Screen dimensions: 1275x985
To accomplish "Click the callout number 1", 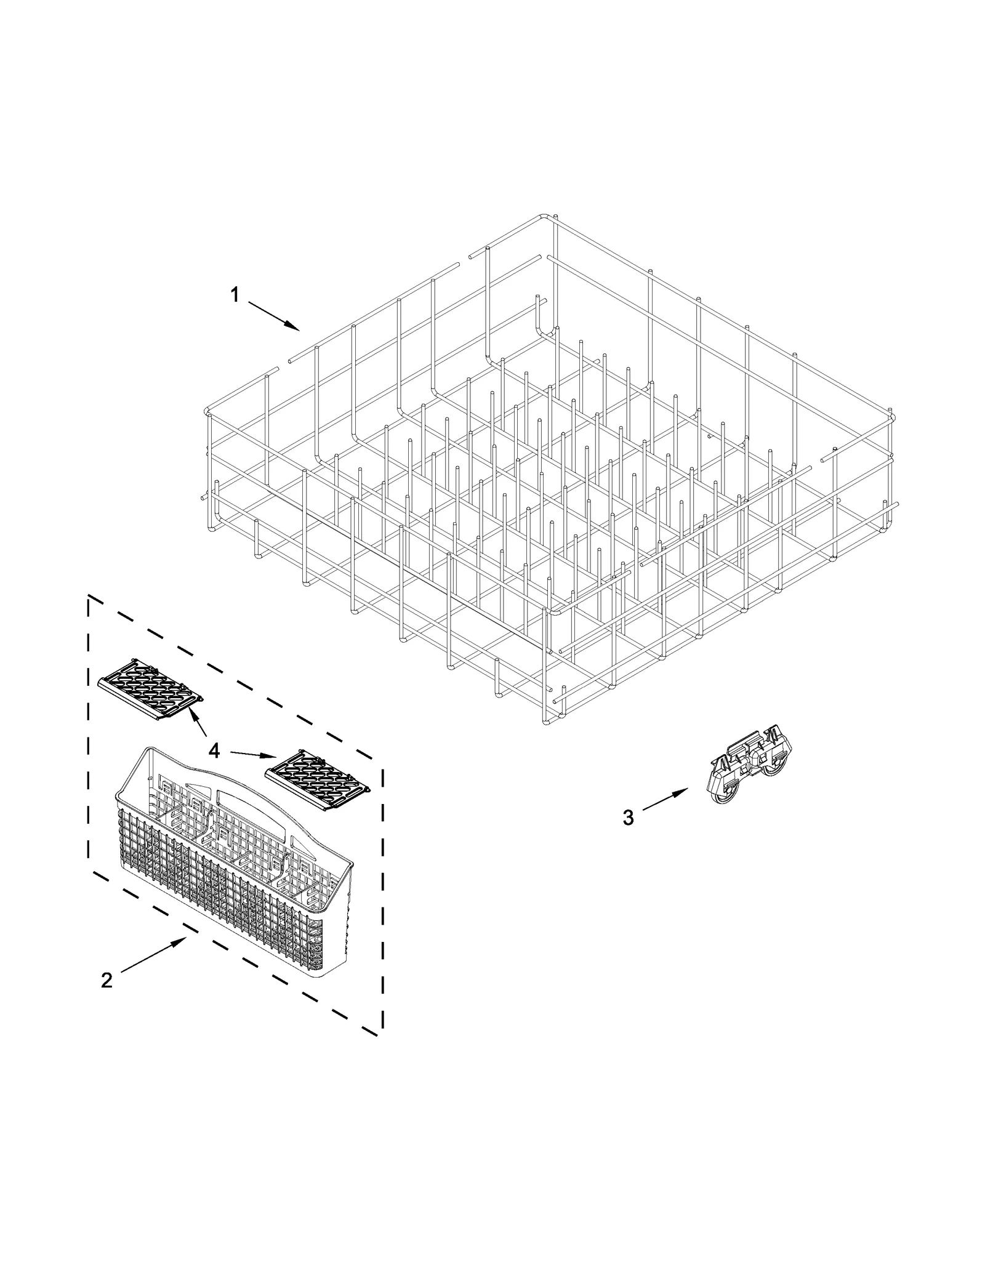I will point(235,296).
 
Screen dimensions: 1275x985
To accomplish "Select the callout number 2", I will point(107,979).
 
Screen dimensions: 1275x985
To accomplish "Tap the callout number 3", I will point(628,818).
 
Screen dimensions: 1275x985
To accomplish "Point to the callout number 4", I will point(214,750).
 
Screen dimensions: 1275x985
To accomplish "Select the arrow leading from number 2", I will point(154,956).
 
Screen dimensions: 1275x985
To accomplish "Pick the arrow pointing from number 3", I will point(665,800).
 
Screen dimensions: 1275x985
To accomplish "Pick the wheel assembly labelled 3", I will point(747,769).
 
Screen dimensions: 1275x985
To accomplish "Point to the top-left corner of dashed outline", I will point(89,597).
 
